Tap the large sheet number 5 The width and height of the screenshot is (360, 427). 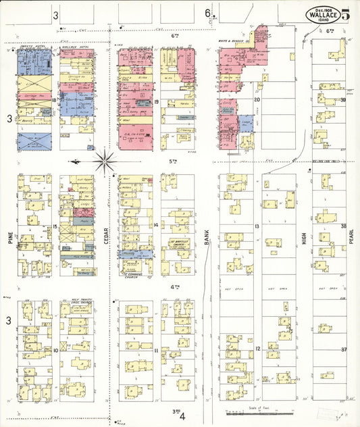346,14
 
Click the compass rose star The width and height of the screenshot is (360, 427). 105,161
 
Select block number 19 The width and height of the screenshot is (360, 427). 156,102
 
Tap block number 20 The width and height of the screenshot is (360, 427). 257,100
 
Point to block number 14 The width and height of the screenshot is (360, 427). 156,225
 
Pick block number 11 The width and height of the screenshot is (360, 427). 156,351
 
